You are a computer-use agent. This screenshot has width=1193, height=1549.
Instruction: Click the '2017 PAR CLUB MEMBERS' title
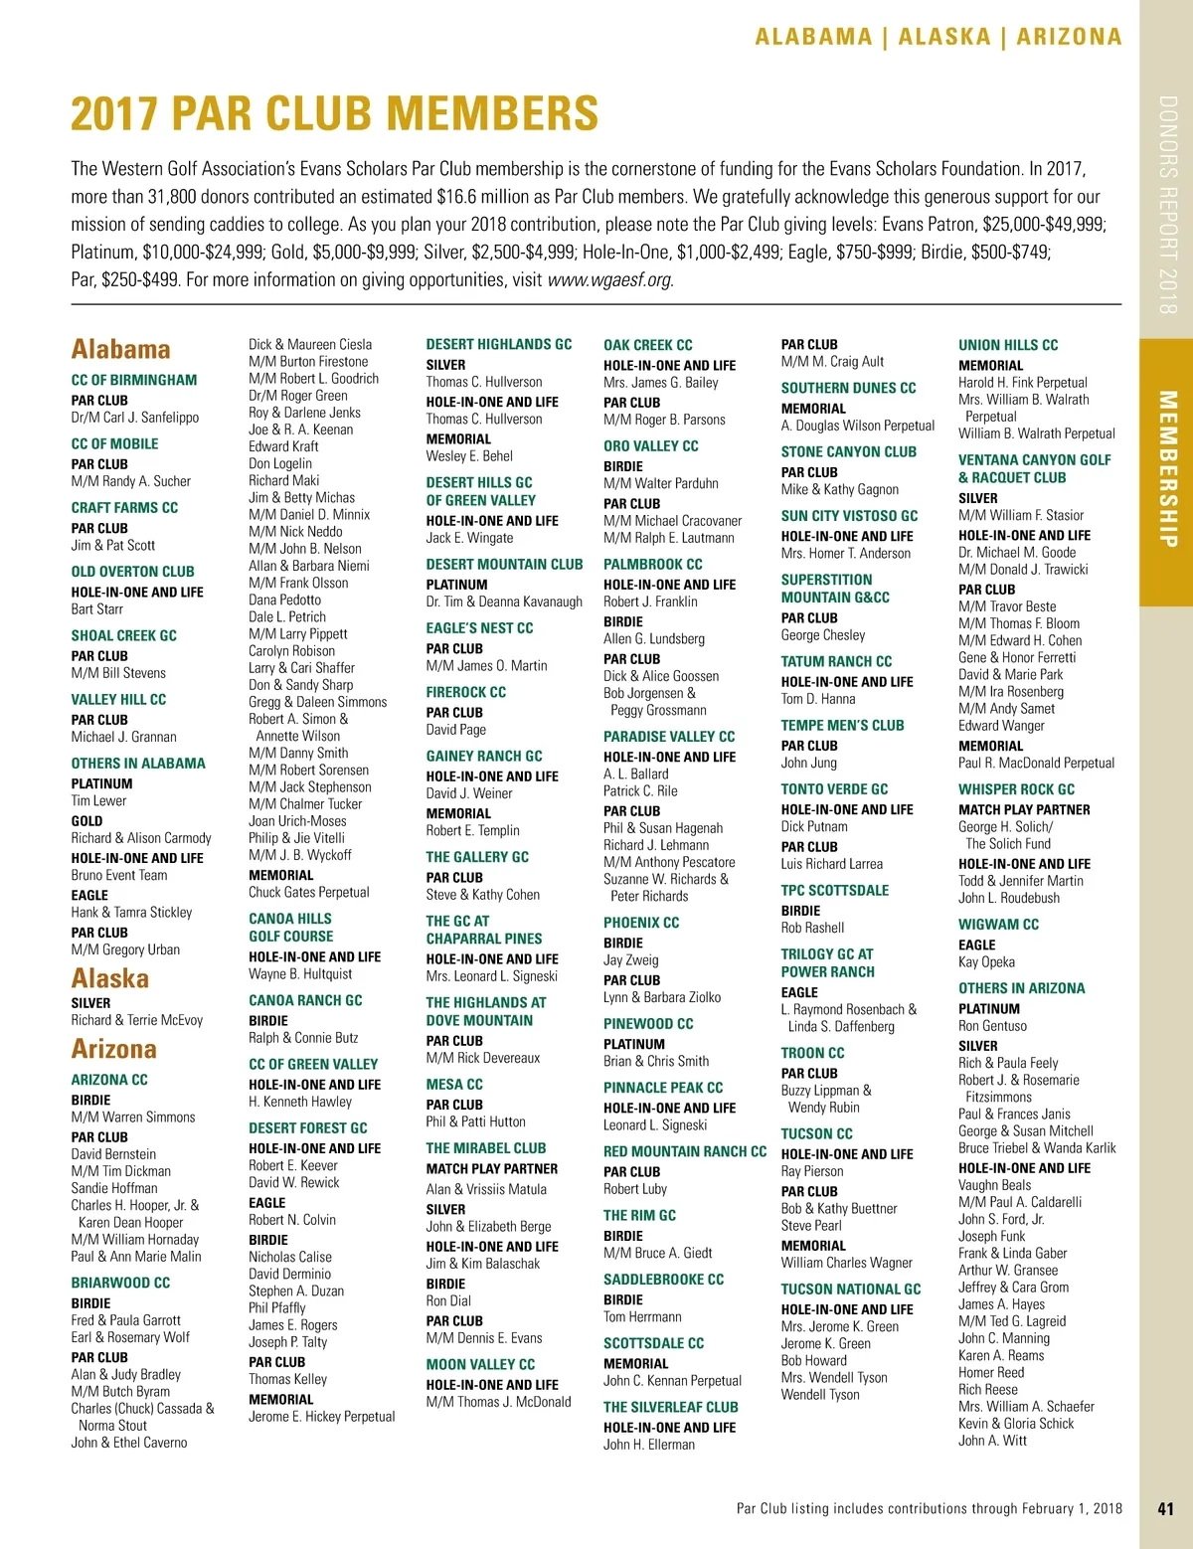point(335,113)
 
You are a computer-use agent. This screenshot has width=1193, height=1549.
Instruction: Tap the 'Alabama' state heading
point(120,349)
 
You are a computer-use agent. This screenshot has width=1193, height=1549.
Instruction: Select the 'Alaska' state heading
point(109,978)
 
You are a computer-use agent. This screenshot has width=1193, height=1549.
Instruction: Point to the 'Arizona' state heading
point(113,1049)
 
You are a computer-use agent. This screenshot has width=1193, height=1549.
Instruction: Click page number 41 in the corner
point(1166,1508)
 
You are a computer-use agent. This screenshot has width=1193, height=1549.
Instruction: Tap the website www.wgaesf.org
point(609,279)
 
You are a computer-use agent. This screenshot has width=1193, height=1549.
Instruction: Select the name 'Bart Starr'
point(97,609)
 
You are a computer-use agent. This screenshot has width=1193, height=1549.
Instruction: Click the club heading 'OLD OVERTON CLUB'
point(132,572)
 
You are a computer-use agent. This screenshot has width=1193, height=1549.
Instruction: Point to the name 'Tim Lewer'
point(98,800)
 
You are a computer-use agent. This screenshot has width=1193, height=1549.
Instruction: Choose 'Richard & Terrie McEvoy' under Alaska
point(136,1020)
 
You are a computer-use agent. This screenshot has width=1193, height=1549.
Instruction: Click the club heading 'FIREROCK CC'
point(465,692)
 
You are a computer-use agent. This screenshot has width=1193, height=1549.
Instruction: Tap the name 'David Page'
point(455,729)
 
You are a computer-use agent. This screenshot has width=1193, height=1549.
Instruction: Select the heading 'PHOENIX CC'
point(641,923)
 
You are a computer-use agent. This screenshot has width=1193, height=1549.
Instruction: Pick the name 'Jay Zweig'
point(630,960)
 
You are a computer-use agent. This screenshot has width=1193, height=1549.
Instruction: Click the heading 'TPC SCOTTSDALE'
point(834,890)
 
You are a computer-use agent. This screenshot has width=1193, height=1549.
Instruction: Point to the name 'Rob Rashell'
point(812,928)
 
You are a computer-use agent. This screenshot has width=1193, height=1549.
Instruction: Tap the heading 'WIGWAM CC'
point(998,925)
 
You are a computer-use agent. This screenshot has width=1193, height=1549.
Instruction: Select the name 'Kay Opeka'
point(986,962)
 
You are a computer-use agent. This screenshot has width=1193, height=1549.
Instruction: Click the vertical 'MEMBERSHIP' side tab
point(1167,468)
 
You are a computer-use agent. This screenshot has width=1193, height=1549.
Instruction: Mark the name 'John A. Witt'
point(992,1441)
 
